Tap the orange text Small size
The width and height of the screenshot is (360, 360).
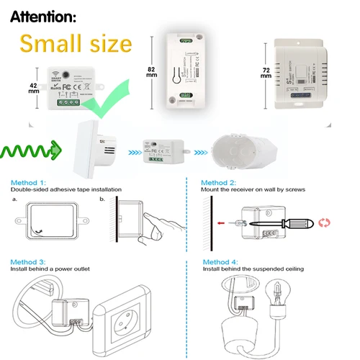[76, 44]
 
